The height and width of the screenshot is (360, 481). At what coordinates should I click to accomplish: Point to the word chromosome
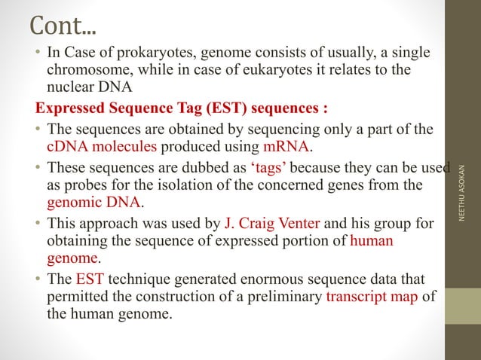[88, 70]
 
